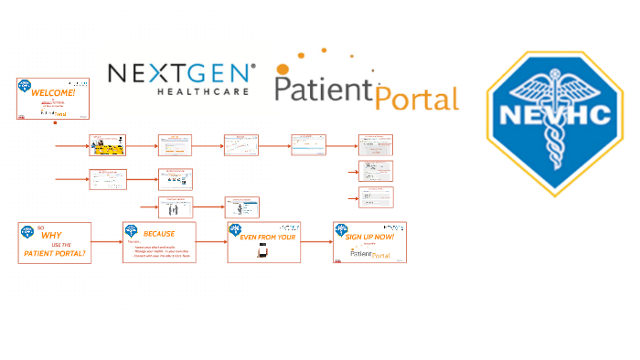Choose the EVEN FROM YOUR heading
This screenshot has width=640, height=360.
[262, 238]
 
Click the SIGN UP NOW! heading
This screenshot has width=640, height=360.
[370, 237]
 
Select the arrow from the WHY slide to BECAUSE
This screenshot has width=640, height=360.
[106, 242]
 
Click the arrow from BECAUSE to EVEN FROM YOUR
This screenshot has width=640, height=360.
[211, 242]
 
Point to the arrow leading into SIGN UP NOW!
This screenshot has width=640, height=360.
[316, 242]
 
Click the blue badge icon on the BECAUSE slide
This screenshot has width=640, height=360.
[130, 229]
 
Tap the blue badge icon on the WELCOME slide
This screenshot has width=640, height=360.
[23, 86]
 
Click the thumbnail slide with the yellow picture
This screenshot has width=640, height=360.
[108, 145]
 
